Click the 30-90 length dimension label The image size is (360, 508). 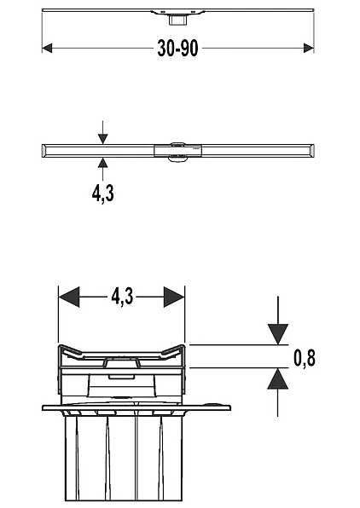[177, 49]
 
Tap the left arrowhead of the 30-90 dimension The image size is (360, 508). [47, 49]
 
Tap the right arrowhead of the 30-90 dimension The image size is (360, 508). [309, 49]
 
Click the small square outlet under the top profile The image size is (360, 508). [177, 20]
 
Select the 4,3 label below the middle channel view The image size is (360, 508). [103, 194]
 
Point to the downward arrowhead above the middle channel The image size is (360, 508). [103, 139]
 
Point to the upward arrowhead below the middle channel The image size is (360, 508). [103, 162]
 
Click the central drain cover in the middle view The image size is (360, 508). [178, 151]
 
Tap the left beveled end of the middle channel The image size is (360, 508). [44, 151]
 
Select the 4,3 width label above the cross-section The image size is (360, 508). [122, 297]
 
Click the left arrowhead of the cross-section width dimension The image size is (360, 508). [69, 297]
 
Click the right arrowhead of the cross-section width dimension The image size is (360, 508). [174, 297]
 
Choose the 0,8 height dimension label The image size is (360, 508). [305, 357]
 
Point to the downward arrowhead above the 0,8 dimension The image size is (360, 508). [277, 334]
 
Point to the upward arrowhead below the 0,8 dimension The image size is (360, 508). [277, 378]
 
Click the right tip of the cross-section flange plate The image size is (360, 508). [230, 407]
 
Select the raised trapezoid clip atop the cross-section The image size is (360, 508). [122, 363]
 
